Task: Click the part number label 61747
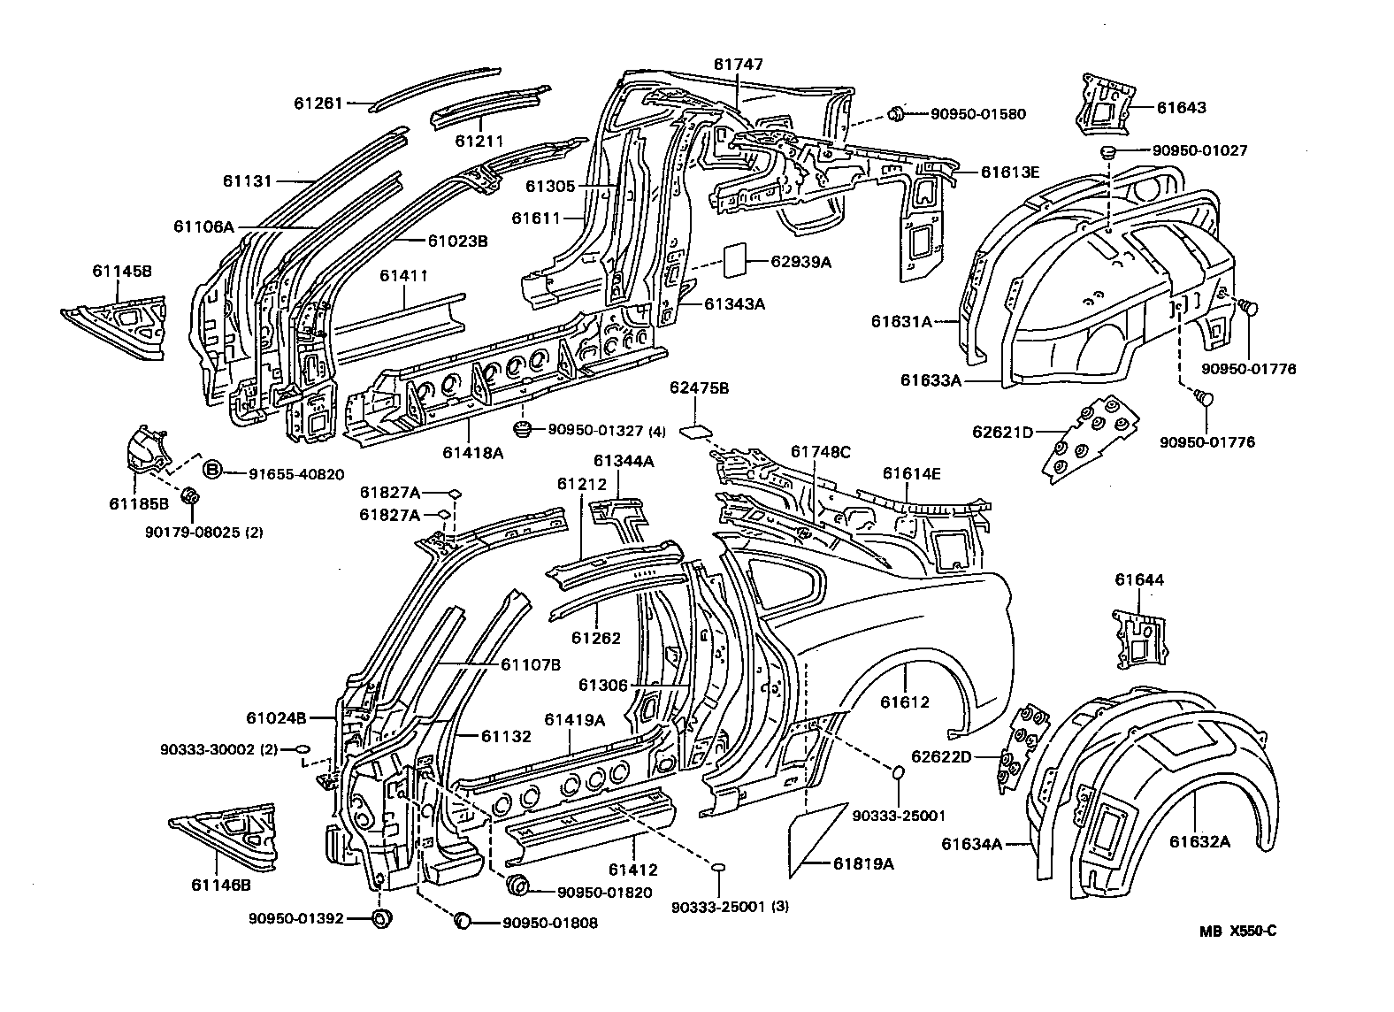[x=738, y=65]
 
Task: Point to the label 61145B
[x=121, y=270]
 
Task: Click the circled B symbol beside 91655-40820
[x=212, y=470]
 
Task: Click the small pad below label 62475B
[x=695, y=432]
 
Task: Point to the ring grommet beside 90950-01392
[x=381, y=918]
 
